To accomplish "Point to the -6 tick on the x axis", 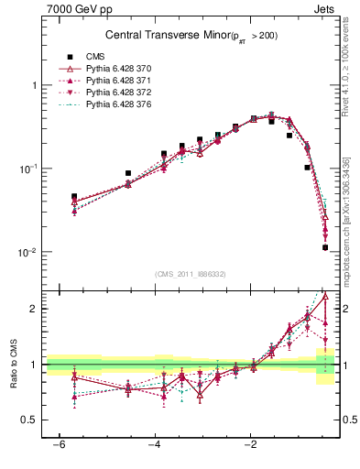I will point(57,445).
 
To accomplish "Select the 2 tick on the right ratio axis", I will point(344,309).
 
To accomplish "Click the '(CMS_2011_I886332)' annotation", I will point(191,274).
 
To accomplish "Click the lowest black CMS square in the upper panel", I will point(325,247).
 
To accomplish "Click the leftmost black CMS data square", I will point(74,196).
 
